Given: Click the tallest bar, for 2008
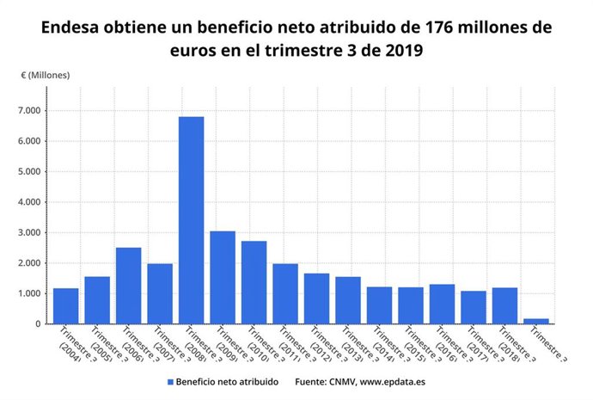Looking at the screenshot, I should coord(191,220).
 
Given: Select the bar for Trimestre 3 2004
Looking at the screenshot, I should coord(66,306).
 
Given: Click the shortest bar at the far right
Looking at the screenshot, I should coord(535,321).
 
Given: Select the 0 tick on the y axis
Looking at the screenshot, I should coord(40,324).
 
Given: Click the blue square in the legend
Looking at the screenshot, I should coord(170,380).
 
